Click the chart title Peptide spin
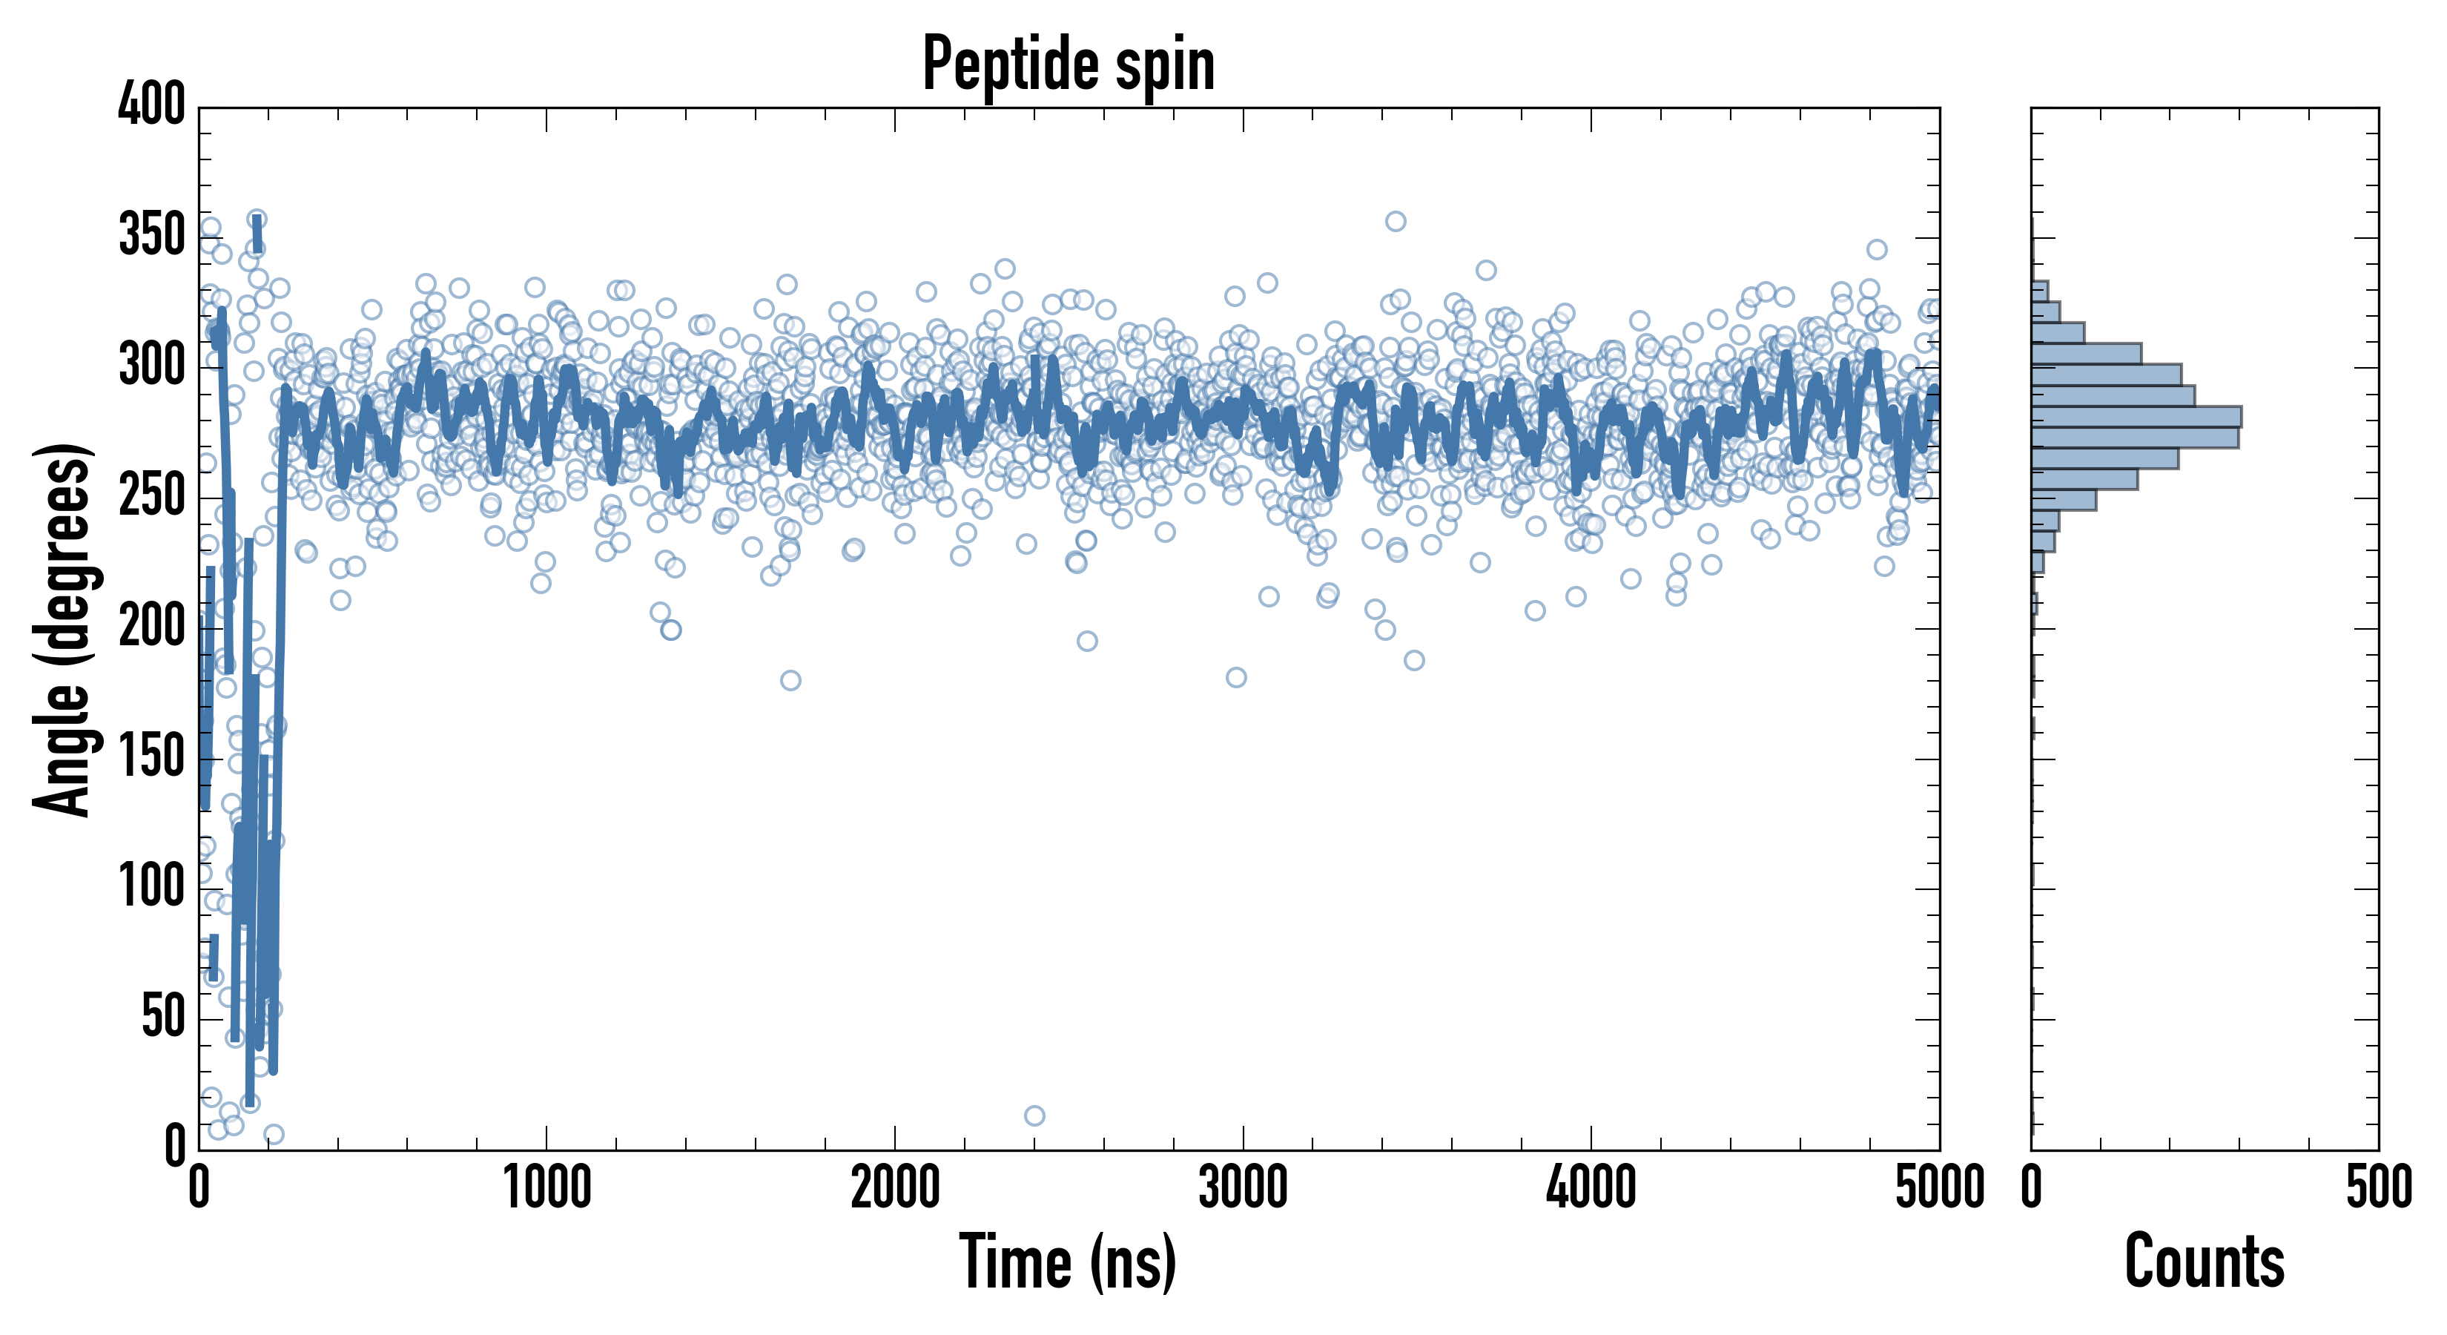pos(1069,65)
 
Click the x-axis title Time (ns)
pos(1069,1262)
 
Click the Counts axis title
pos(2205,1262)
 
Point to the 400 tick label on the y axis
pos(151,105)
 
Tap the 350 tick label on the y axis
pos(151,236)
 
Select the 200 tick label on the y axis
pos(151,627)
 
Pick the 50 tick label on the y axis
pos(162,1018)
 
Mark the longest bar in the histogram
pos(2136,416)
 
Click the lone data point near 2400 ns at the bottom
pos(1034,1115)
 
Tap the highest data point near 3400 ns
pos(1396,222)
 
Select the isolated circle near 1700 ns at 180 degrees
pos(790,680)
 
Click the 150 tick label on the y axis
pos(151,757)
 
